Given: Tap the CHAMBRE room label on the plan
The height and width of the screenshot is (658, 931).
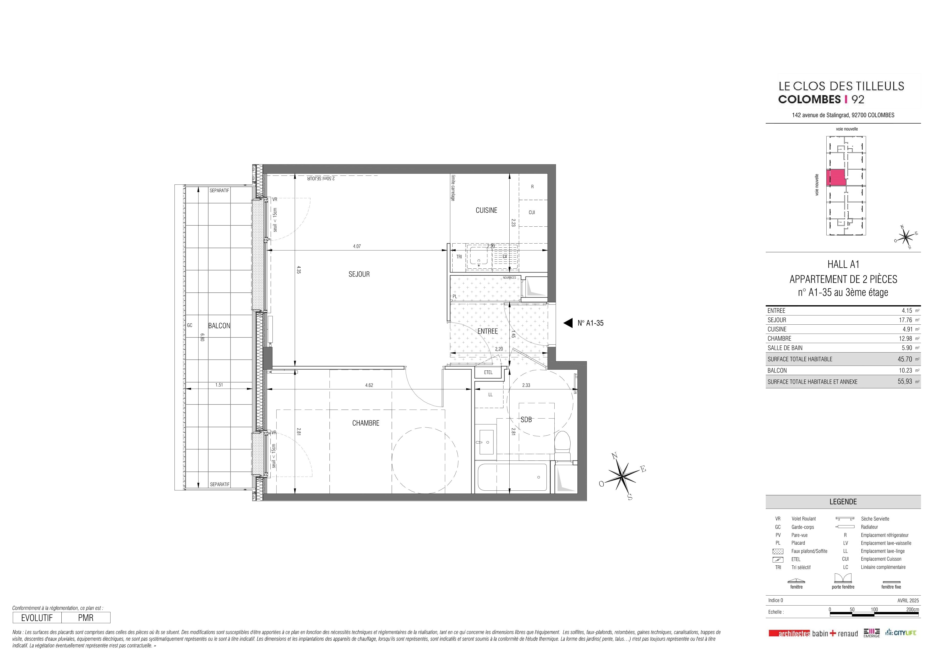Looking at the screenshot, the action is [366, 423].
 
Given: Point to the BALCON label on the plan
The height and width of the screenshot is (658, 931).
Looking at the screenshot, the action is [219, 326].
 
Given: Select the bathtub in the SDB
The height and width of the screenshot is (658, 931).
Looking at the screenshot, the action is [512, 477].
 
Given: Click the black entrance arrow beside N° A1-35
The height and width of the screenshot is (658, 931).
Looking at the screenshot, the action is [568, 323].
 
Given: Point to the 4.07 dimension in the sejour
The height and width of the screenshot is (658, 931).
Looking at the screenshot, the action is [357, 246].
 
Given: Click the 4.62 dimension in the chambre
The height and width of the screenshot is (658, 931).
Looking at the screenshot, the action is [369, 385].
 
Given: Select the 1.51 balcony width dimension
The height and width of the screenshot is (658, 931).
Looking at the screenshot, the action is [219, 385].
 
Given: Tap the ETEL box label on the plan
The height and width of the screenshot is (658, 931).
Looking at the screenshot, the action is [488, 372].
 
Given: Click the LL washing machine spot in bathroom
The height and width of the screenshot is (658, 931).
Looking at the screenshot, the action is [490, 394].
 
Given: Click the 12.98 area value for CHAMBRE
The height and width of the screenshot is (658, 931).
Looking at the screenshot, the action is [905, 338].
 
